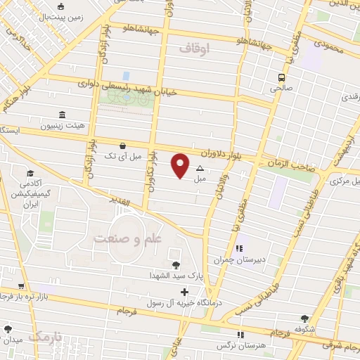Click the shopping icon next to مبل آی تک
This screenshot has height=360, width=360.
point(124,146)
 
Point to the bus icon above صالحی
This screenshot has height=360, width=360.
point(281,78)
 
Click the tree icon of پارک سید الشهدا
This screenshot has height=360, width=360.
point(174,264)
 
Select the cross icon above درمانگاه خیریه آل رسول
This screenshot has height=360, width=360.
point(184,292)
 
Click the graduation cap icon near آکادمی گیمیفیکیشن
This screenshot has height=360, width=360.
point(30,173)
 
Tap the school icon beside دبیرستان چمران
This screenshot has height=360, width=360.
point(238,248)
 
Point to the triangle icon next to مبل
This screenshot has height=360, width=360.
point(200,168)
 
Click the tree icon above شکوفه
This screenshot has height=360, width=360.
point(304,319)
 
